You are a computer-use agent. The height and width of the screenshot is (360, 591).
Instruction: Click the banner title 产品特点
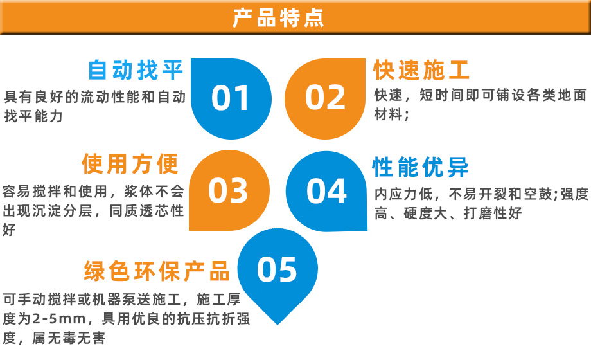point(278,17)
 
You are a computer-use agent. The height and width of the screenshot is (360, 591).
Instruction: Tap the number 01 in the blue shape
point(230,98)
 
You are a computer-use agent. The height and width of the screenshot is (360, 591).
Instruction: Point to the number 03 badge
point(228,190)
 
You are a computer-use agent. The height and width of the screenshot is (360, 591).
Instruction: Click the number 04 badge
point(326,191)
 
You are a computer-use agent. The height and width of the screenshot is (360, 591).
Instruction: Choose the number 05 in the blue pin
point(277,269)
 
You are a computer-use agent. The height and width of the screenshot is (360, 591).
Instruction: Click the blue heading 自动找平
point(136,70)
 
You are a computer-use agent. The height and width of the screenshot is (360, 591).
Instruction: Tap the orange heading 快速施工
point(421,70)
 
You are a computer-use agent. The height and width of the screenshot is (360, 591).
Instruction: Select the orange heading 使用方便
point(130,164)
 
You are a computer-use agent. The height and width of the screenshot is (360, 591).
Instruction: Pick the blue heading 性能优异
point(420,166)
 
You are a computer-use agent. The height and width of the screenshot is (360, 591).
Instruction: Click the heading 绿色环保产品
point(157,271)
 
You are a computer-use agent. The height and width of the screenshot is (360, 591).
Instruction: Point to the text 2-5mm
point(59,319)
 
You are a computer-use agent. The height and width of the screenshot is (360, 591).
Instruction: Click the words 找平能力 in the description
point(33,116)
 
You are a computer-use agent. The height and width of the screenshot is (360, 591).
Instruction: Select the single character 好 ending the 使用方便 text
point(9,230)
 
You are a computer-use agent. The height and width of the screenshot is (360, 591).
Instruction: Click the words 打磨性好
point(493,213)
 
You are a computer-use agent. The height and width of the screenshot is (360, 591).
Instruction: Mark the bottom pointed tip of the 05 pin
point(278,325)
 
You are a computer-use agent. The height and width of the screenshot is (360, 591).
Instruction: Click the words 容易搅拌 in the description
point(31,192)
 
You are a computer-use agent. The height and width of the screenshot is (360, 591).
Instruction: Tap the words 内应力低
point(403,194)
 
